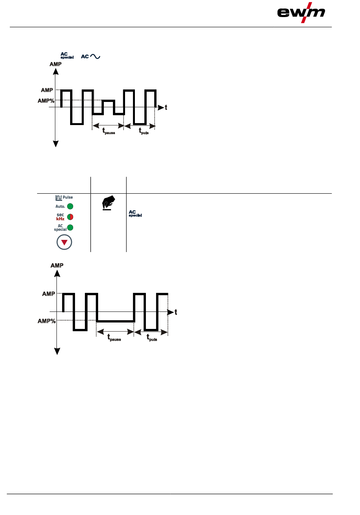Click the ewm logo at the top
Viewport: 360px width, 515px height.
301,13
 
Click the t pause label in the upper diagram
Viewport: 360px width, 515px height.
108,131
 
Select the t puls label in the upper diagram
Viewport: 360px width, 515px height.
144,131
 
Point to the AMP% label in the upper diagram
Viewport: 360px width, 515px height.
46,101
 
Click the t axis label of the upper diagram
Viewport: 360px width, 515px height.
166,108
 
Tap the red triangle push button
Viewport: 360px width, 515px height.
64,242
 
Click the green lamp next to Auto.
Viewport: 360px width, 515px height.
70,207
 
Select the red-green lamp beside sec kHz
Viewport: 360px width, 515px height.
70,217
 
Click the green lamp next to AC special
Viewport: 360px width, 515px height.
70,228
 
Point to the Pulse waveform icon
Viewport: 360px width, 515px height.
58,197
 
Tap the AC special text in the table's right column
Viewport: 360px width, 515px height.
135,214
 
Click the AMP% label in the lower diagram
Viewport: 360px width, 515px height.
47,321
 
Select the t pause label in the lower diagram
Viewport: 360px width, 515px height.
114,338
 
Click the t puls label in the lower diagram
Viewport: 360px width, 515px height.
152,338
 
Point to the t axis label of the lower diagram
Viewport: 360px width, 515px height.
176,312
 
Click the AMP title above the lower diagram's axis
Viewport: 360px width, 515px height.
57,265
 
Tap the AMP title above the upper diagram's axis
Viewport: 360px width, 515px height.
55,64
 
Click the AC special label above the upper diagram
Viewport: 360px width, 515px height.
67,55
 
